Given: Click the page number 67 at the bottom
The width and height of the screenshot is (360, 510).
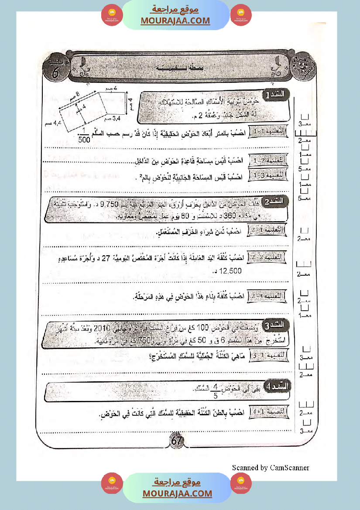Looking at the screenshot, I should pyautogui.click(x=176, y=441).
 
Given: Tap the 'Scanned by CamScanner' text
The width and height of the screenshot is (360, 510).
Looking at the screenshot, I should pyautogui.click(x=271, y=468).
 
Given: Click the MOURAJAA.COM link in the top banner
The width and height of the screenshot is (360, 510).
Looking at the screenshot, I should pyautogui.click(x=175, y=21).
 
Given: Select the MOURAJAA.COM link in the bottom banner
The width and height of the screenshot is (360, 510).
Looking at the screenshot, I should pyautogui.click(x=177, y=493).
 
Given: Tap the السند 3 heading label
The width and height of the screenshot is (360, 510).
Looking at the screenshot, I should pyautogui.click(x=278, y=324).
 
